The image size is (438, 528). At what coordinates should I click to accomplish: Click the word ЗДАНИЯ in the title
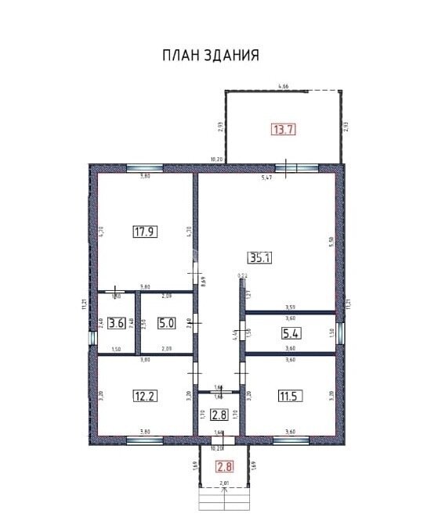[x=233, y=55]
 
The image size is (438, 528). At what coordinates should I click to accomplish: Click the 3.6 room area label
[x=117, y=322]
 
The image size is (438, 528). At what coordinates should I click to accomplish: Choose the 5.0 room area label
[x=165, y=322]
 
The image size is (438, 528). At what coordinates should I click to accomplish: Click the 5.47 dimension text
[x=266, y=178]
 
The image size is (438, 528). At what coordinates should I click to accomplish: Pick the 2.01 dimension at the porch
[x=225, y=484]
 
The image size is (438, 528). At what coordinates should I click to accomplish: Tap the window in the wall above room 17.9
[x=145, y=168]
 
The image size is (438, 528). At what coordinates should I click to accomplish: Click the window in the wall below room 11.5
[x=291, y=440]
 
